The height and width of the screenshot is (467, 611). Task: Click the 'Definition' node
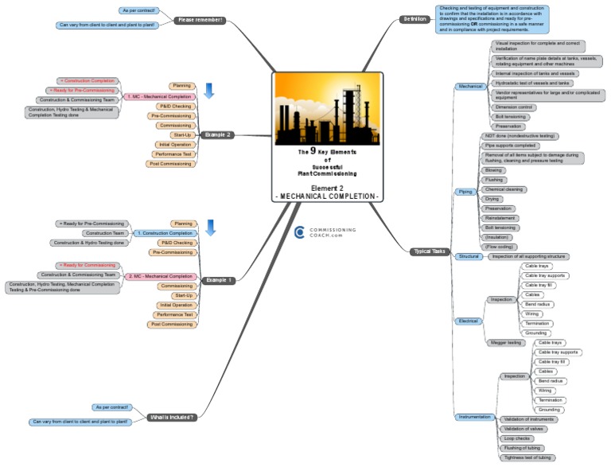pyautogui.click(x=414, y=18)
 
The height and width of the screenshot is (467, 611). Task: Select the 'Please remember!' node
pyautogui.click(x=199, y=20)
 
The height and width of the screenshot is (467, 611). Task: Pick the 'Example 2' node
pyautogui.click(x=217, y=135)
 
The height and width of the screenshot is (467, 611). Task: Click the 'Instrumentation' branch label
pyautogui.click(x=476, y=416)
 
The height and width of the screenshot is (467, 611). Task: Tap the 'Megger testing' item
pyautogui.click(x=504, y=342)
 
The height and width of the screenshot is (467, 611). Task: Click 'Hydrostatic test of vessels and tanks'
pyautogui.click(x=531, y=83)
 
